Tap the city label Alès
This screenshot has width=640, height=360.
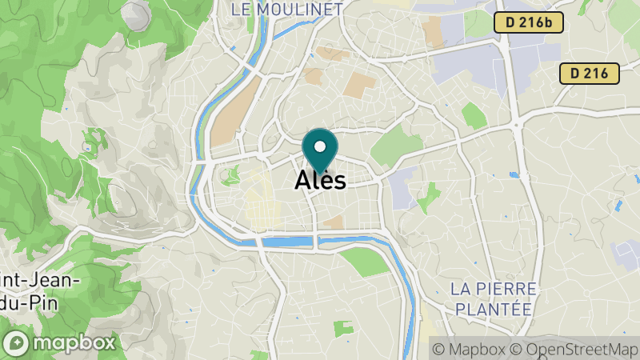click(320, 180)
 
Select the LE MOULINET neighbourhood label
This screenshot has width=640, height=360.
click(286, 10)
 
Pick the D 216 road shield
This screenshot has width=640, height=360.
click(589, 74)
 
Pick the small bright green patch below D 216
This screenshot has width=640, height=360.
click(474, 116)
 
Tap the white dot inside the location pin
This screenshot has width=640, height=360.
click(321, 146)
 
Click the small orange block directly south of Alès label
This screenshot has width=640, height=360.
click(333, 221)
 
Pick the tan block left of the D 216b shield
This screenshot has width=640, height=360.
click(433, 31)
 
